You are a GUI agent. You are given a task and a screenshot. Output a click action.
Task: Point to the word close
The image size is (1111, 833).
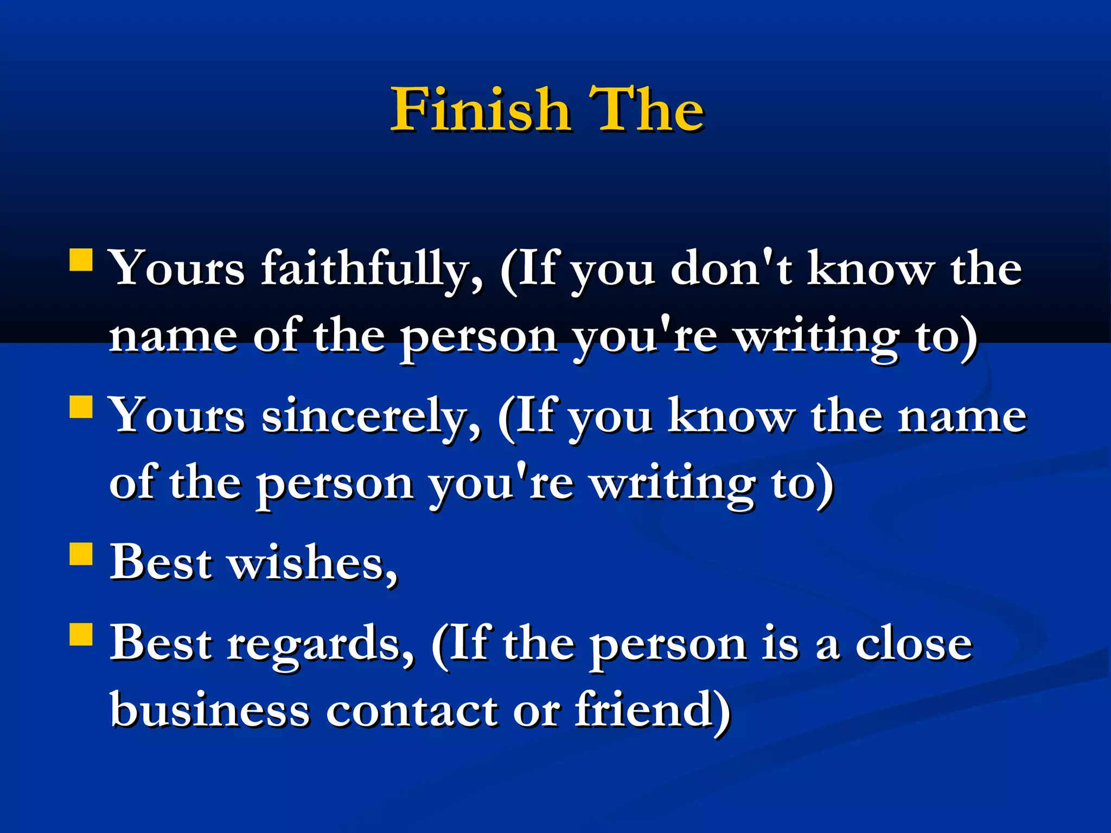[x=914, y=645]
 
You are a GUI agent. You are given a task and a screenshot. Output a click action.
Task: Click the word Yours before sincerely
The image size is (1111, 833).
[x=177, y=417]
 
